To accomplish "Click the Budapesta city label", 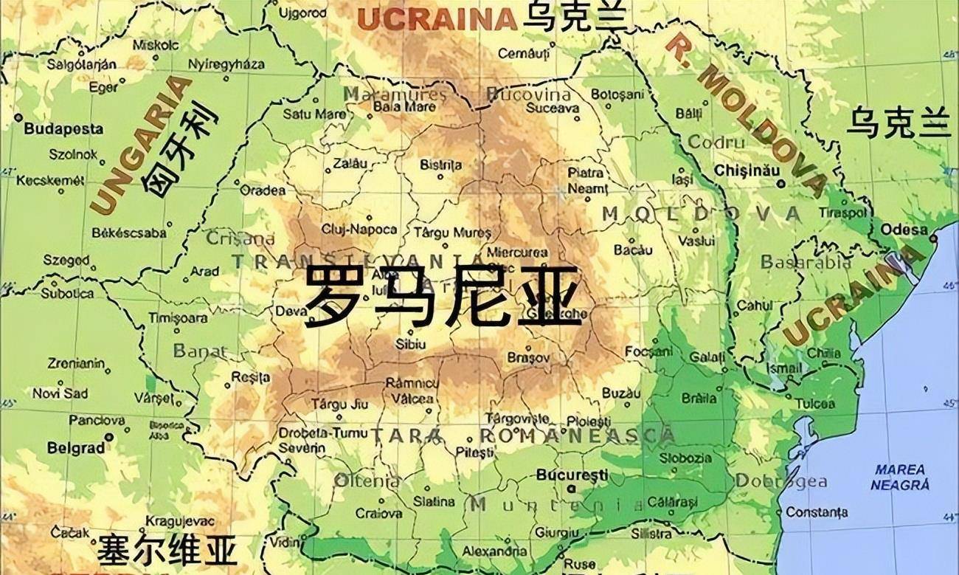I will point(64,129).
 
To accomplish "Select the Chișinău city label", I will point(747,171).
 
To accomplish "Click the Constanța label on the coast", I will point(817,512).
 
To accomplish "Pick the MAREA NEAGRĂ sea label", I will point(900,478).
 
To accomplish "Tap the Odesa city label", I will point(904,230).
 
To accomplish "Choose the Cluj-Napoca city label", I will point(359,230).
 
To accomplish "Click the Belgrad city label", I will point(76,448).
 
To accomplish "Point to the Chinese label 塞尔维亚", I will point(167,551).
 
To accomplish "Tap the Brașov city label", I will point(528,357).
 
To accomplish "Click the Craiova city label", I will point(379,513).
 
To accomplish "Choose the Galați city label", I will point(703,357).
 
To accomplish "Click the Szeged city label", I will point(66,261).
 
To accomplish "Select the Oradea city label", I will point(263,190).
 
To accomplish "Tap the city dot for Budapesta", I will point(18,117).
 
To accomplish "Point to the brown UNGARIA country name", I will point(140,144).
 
